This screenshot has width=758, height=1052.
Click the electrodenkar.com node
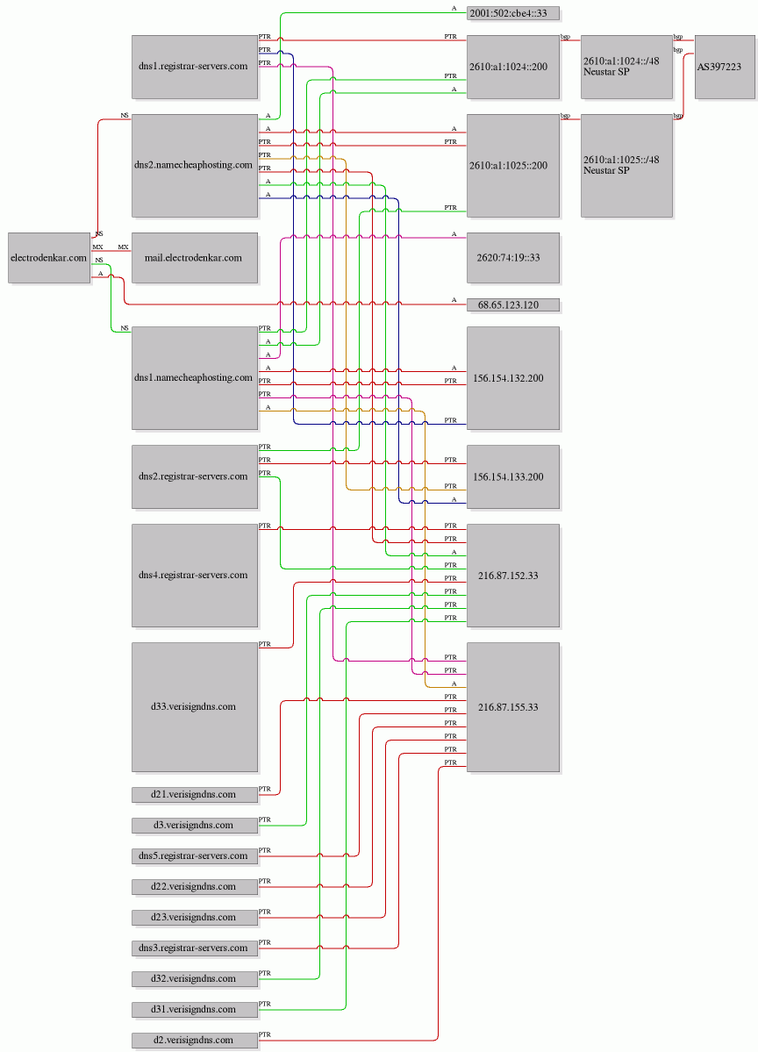tap(49, 258)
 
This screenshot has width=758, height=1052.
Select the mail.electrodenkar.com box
tap(195, 258)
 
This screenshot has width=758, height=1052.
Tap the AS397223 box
tap(725, 67)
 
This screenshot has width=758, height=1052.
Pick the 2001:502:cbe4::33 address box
tap(513, 13)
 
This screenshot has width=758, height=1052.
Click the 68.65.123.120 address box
tap(513, 305)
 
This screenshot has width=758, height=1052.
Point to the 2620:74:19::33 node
tap(513, 258)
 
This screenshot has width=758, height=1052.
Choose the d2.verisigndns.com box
tap(195, 1040)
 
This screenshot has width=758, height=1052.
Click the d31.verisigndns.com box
tap(195, 1009)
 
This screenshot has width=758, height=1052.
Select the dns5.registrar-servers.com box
tap(195, 855)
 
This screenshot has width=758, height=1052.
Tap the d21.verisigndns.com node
tap(195, 794)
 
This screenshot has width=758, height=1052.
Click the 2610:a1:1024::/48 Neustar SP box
tap(626, 67)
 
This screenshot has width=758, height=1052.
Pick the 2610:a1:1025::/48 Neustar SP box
tap(626, 166)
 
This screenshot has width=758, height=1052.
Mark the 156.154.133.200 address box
tap(513, 477)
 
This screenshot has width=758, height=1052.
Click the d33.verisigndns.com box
tap(195, 707)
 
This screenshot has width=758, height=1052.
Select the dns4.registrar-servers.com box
tap(195, 576)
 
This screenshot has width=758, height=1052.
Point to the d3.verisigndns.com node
tap(195, 826)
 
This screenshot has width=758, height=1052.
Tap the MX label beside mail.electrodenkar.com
tap(124, 247)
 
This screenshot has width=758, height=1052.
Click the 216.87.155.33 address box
tap(513, 707)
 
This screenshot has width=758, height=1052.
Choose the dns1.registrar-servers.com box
tap(195, 67)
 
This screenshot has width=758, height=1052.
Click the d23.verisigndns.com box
tap(195, 917)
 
